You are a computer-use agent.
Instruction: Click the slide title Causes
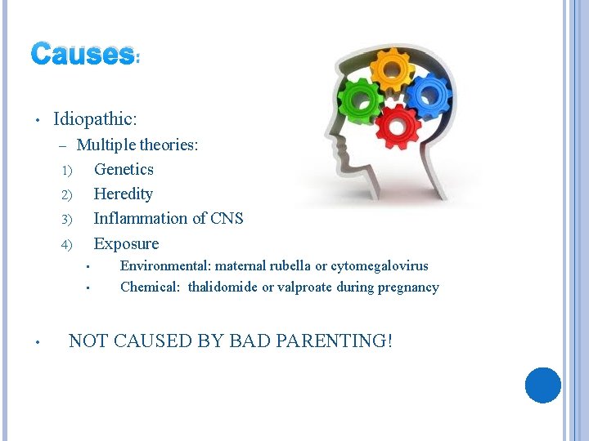[x=82, y=55]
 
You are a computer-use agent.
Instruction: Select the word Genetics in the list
[x=124, y=169]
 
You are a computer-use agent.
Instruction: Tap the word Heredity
[x=123, y=194]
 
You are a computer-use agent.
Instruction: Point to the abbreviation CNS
[x=227, y=218]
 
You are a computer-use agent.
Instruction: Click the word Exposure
[x=126, y=243]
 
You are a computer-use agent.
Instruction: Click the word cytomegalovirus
[x=379, y=265]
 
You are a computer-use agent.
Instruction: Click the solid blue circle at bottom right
[x=542, y=385]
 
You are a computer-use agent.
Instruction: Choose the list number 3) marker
[x=66, y=219]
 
